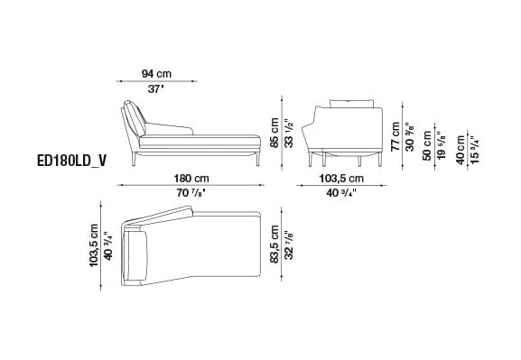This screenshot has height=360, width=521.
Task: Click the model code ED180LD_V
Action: [72, 162]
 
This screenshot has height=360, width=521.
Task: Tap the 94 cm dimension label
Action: [156, 73]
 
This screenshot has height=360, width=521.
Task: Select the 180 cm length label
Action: [191, 179]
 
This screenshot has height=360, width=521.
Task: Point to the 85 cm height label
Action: [274, 134]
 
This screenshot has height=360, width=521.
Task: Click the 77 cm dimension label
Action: [395, 136]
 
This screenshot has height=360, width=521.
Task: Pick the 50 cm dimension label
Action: [427, 146]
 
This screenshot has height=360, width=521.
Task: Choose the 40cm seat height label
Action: [461, 150]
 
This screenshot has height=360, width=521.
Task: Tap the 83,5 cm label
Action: [274, 245]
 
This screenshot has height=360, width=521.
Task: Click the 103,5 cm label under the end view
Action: [341, 179]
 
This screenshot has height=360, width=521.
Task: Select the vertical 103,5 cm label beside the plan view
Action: [94, 245]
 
